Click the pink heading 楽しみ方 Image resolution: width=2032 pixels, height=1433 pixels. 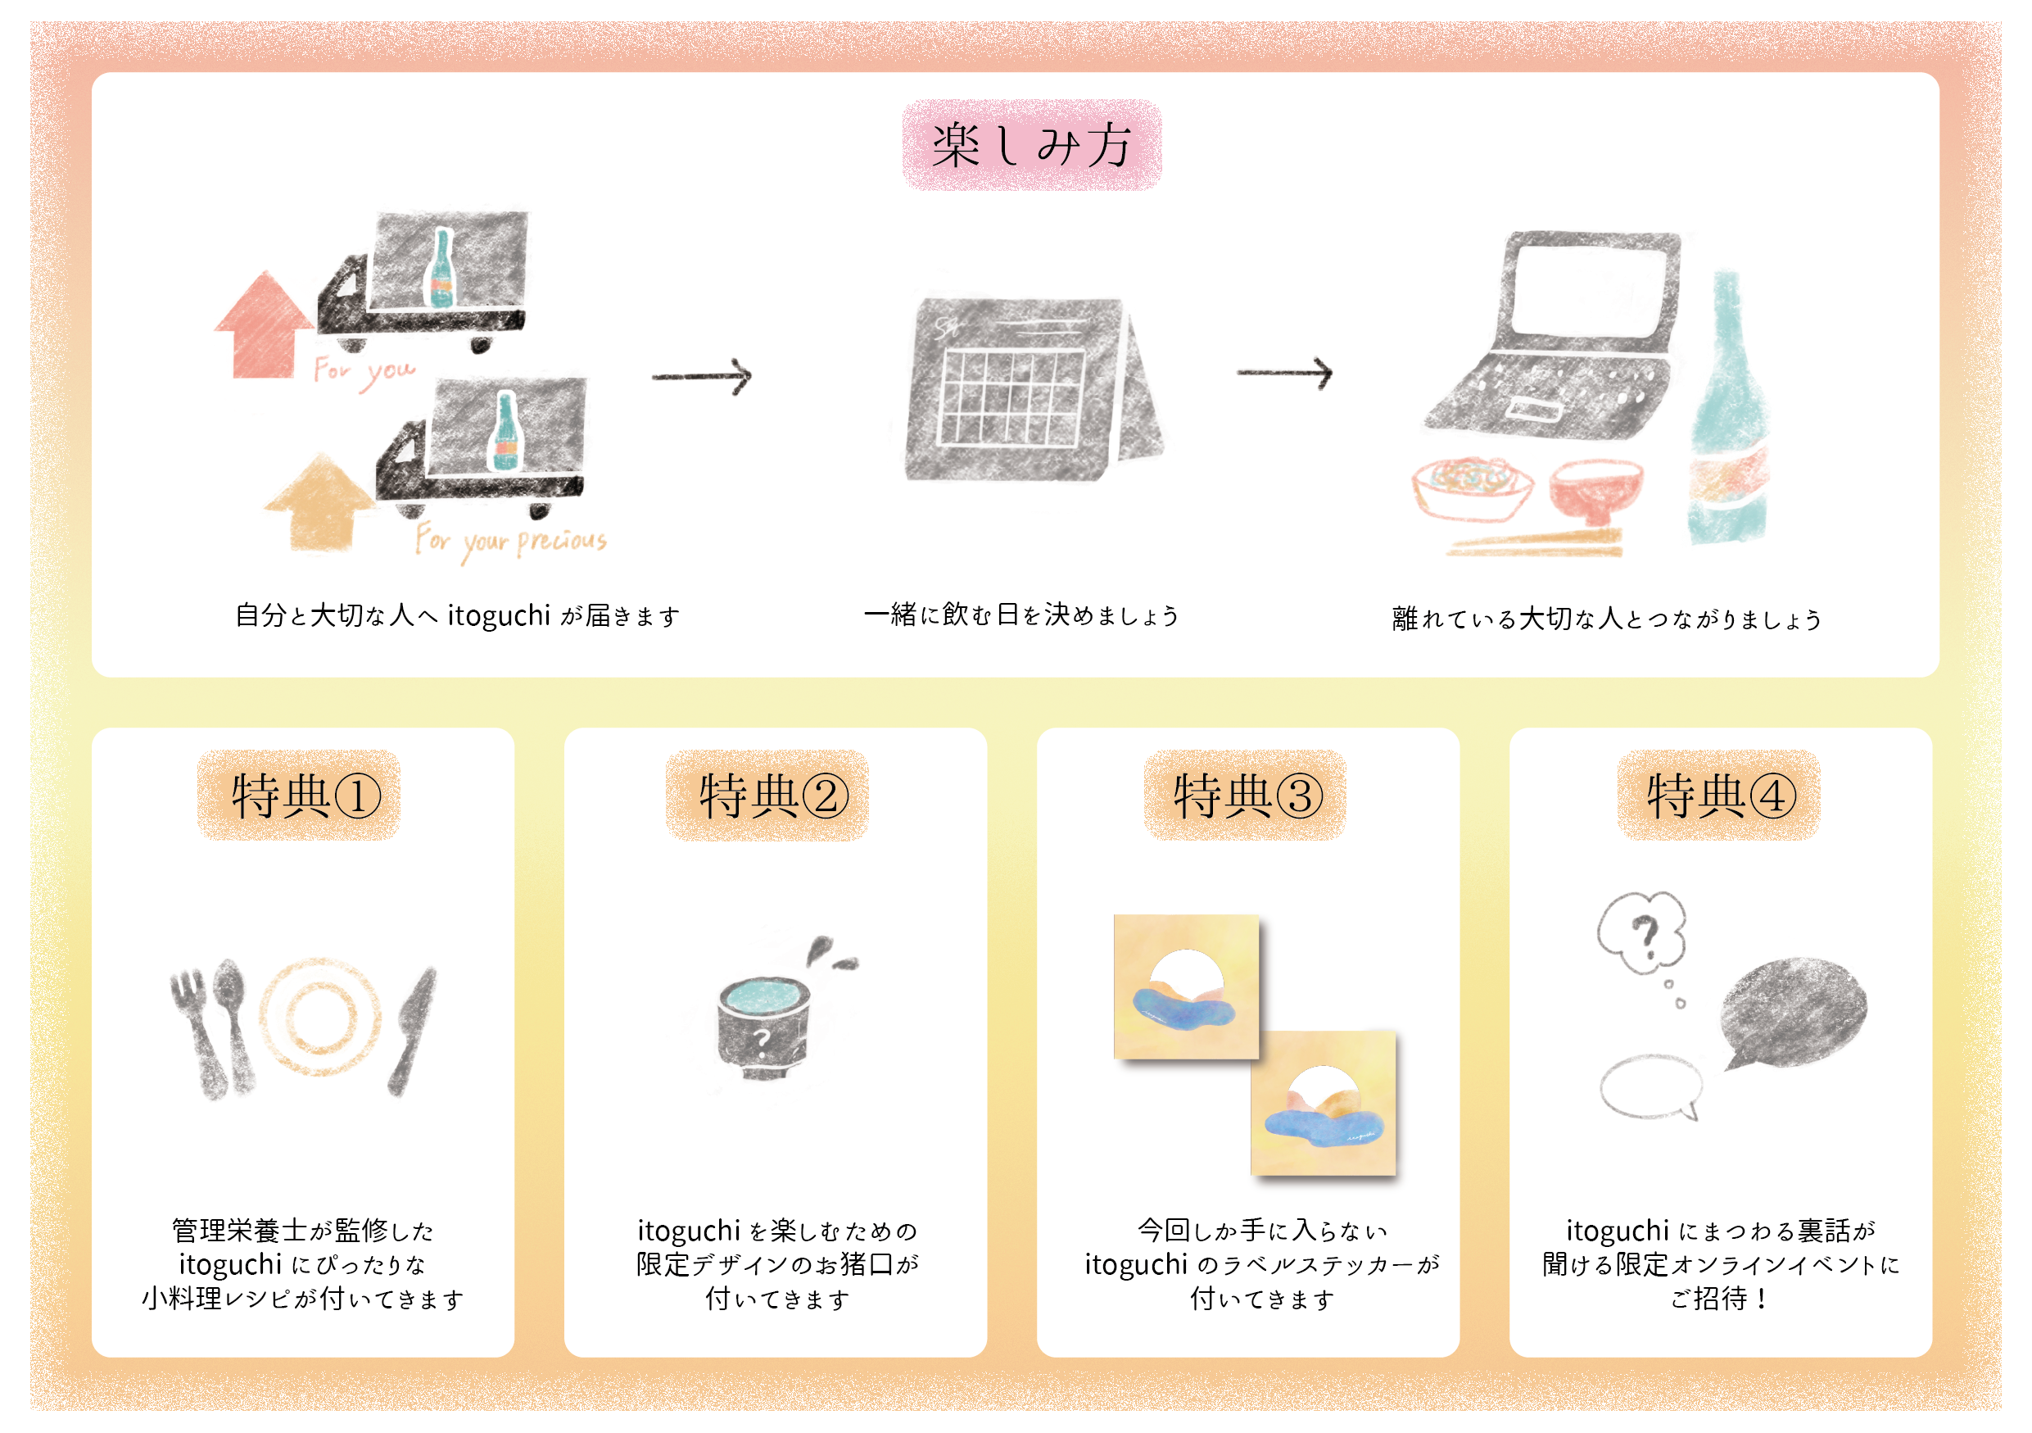[x=1031, y=145]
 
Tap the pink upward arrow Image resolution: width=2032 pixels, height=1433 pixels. [x=264, y=326]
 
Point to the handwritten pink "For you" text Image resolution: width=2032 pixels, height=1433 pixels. [x=364, y=371]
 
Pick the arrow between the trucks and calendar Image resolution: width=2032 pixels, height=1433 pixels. [x=702, y=376]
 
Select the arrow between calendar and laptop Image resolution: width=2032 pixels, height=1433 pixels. [x=1284, y=373]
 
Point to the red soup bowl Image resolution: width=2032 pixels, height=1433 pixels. [x=1595, y=489]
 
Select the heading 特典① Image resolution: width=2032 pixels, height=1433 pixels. [x=299, y=795]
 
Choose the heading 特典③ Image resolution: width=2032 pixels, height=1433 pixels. [x=1245, y=795]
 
